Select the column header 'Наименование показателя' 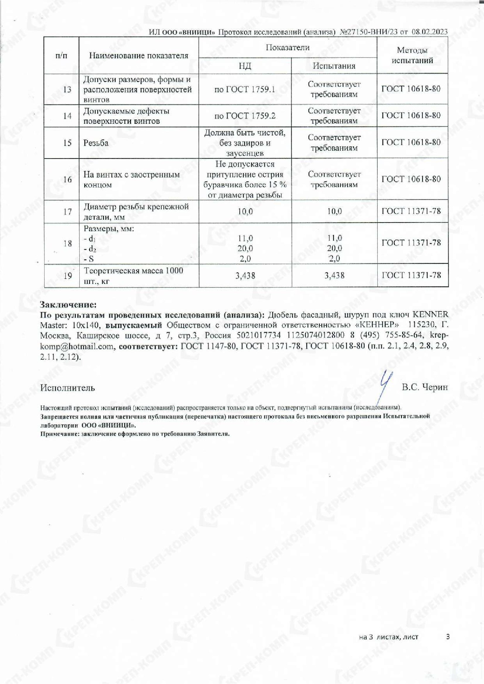pos(139,56)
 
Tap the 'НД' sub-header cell pos(245,66)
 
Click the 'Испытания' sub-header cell pos(334,66)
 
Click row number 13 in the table pos(67,89)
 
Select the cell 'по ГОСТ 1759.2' pos(245,116)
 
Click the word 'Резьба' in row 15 pos(96,143)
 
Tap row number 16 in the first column pos(67,179)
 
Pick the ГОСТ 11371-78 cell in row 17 pos(411,211)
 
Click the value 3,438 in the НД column pos(245,275)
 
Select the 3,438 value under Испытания pos(334,275)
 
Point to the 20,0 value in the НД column pos(245,249)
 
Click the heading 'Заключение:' pos(68,305)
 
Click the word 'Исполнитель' pos(68,388)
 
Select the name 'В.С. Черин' pos(425,387)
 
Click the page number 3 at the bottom pos(448,637)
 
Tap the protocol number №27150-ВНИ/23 pos(369,32)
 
